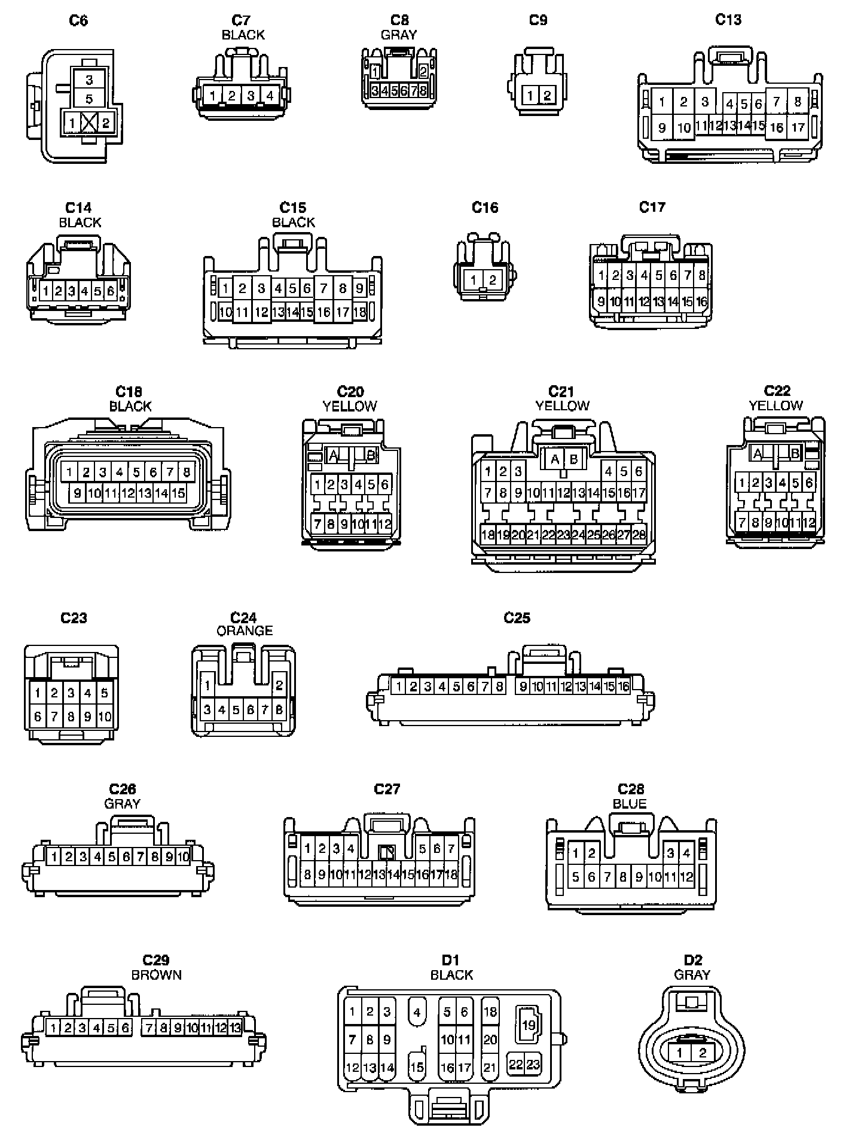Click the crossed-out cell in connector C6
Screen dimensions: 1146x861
tap(89, 123)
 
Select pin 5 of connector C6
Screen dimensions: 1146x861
tap(89, 99)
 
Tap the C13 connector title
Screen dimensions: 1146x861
tap(728, 20)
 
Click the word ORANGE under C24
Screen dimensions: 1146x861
tap(244, 630)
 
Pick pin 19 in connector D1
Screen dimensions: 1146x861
tap(529, 1024)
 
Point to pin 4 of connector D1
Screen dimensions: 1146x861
tap(417, 1013)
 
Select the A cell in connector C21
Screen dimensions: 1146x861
tap(555, 459)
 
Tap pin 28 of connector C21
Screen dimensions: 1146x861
tap(639, 535)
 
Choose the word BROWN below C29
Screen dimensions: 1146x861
tap(156, 975)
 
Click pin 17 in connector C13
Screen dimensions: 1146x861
tap(798, 127)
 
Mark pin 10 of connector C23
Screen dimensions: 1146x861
tap(105, 716)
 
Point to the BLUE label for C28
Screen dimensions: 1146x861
tap(630, 804)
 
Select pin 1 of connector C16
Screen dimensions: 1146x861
tap(474, 279)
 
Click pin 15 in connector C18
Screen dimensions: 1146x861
tap(178, 493)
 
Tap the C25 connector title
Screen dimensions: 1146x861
tap(517, 617)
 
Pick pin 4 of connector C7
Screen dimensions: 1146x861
tap(270, 95)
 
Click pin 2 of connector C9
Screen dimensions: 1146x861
tap(547, 95)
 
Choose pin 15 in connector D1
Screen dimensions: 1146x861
tap(417, 1068)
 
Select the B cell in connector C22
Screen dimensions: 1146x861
tap(795, 453)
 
